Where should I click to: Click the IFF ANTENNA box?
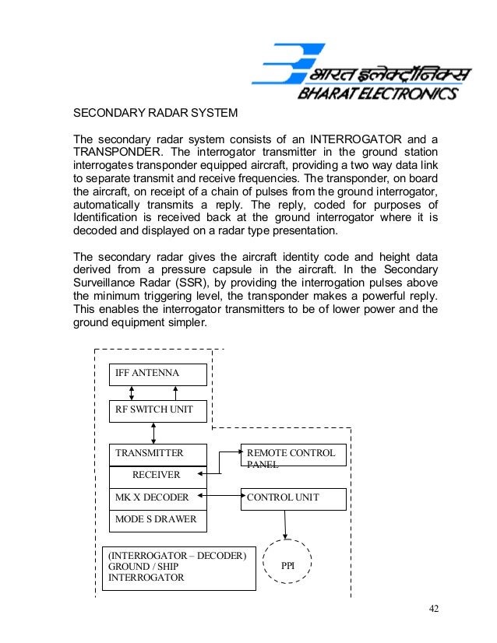point(158,374)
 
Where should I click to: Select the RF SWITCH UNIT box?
point(158,410)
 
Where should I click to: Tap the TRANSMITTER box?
point(158,453)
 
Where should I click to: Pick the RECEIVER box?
point(158,475)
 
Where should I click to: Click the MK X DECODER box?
point(158,497)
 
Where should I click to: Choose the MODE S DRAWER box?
point(158,519)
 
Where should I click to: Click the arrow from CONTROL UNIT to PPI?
point(286,525)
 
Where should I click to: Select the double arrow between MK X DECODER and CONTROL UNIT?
point(224,494)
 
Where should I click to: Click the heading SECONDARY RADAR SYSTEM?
point(155,114)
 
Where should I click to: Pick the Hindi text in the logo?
point(389,74)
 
